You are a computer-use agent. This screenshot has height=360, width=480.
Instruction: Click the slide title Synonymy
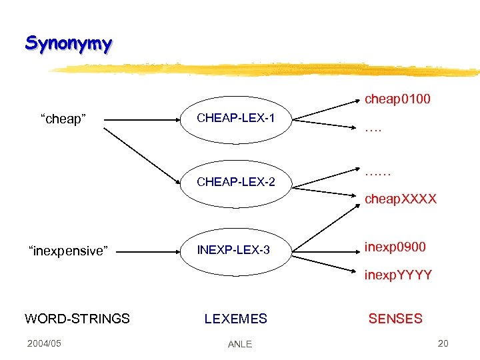pos(69,44)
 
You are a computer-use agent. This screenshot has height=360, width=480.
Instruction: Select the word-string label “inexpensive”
pos(67,251)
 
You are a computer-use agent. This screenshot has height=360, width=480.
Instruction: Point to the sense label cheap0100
pos(397,99)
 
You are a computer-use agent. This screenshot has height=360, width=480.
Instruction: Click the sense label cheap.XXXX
pos(400,199)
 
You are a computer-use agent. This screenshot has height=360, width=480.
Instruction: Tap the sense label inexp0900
pos(396,247)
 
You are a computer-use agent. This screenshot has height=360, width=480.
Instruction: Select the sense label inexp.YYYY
pos(398,275)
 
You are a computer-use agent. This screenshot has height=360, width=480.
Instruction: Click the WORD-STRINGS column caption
pos(77,319)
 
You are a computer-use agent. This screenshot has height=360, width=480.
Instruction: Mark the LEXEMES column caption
pos(235,319)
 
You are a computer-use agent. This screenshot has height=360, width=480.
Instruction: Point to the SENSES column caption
pos(395,319)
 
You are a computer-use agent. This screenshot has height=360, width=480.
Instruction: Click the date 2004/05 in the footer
pos(44,343)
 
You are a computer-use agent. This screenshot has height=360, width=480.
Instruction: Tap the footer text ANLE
pos(239,344)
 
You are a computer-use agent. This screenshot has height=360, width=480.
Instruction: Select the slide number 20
pos(443,343)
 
